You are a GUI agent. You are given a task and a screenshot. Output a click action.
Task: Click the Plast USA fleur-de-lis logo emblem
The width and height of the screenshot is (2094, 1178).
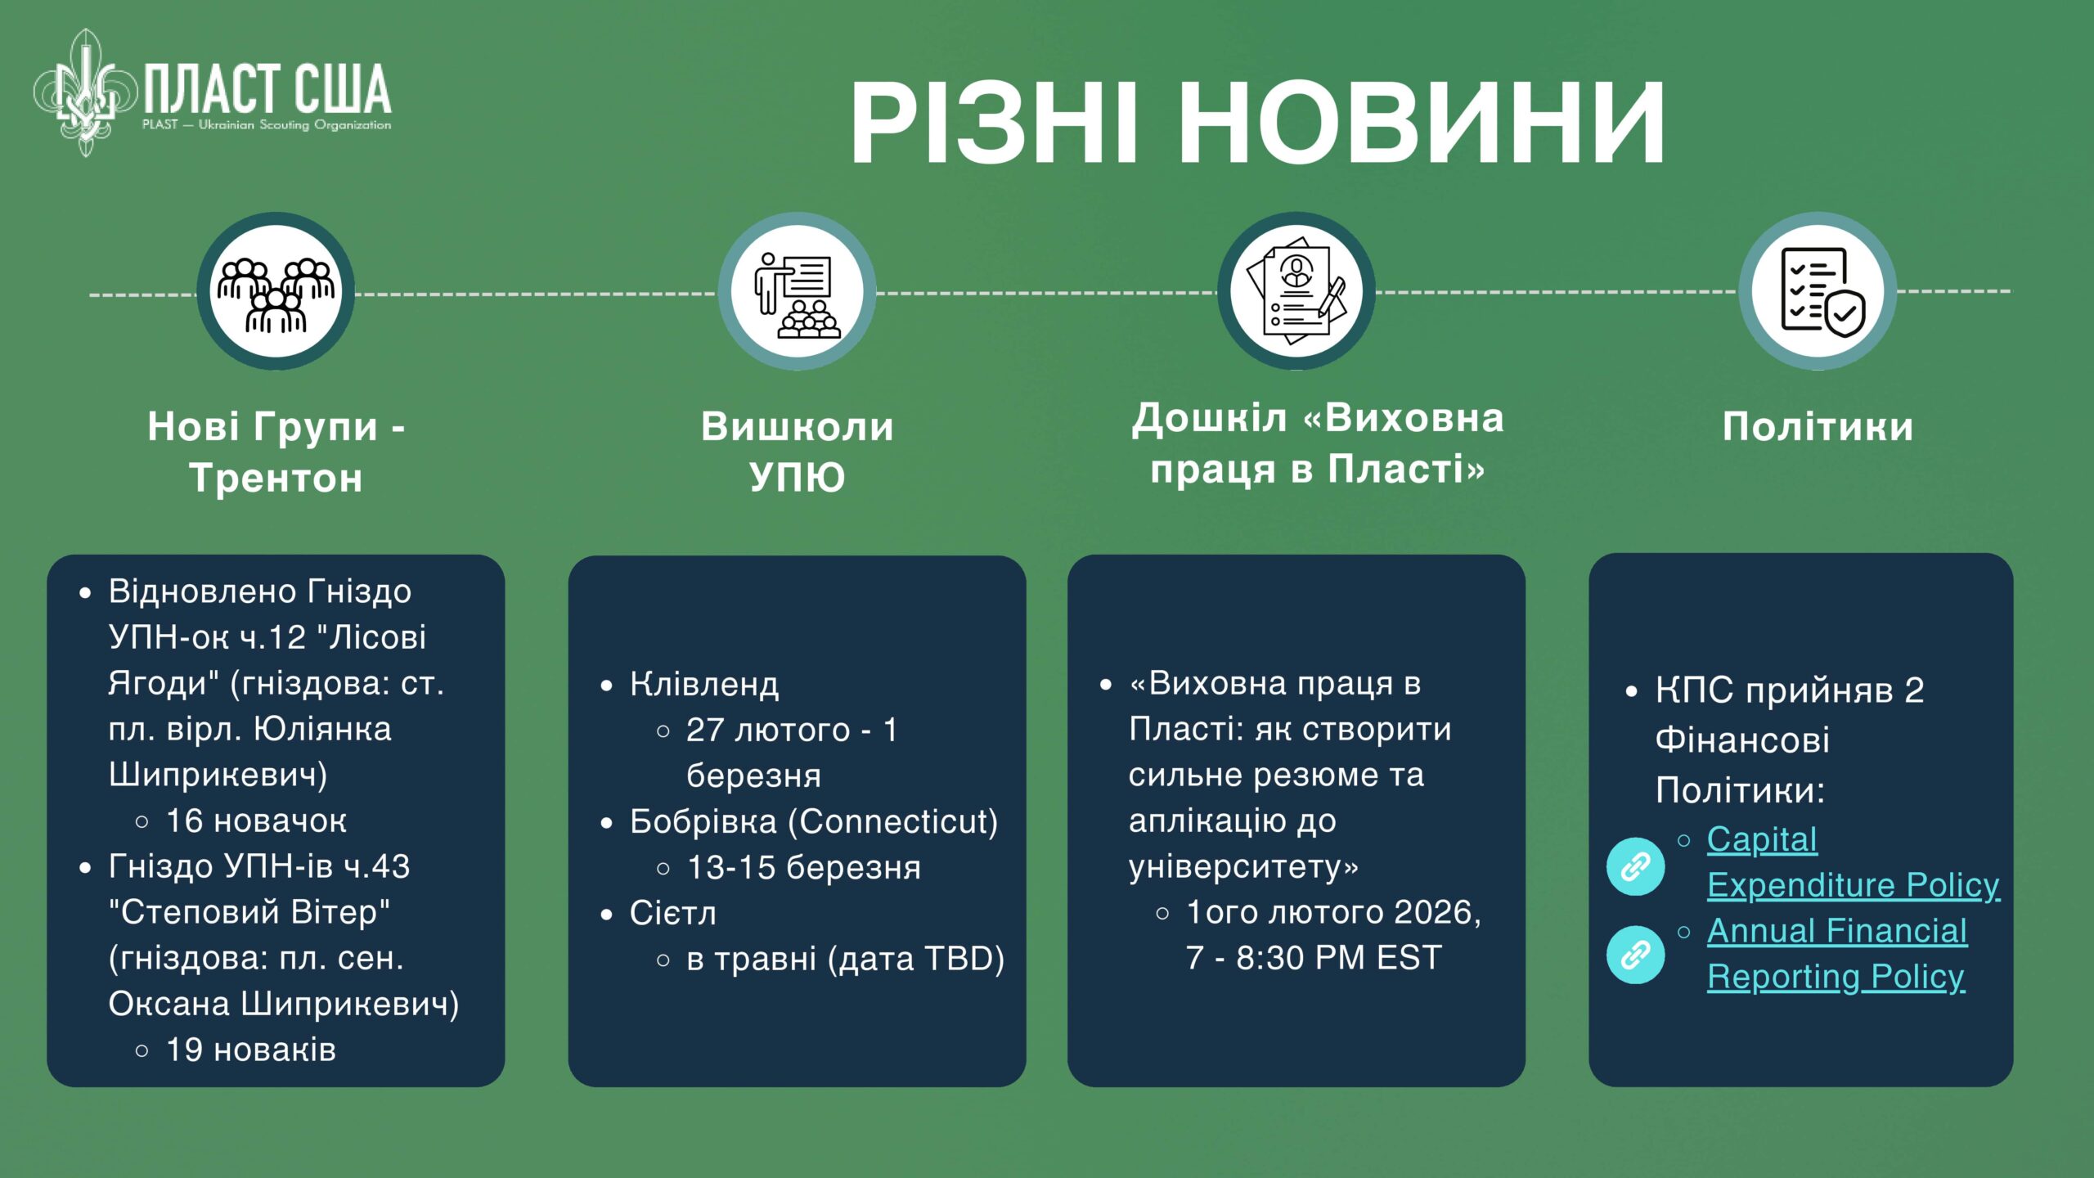pyautogui.click(x=85, y=92)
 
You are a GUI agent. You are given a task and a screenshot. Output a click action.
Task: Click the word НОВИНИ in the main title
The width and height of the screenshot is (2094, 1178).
pyautogui.click(x=1422, y=124)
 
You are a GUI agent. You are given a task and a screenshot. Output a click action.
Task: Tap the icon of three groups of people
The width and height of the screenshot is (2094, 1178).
pyautogui.click(x=276, y=292)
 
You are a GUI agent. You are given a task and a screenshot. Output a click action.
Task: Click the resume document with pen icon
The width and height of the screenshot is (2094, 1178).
pyautogui.click(x=1296, y=291)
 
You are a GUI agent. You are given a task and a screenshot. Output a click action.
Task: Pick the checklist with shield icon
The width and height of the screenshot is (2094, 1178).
pyautogui.click(x=1819, y=292)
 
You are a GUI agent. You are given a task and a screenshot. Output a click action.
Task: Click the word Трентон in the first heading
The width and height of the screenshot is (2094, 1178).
pyautogui.click(x=276, y=477)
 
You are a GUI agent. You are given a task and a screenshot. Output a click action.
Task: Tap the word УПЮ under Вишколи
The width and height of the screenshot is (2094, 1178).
pyautogui.click(x=798, y=477)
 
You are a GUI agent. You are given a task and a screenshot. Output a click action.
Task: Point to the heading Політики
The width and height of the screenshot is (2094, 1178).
pyautogui.click(x=1818, y=426)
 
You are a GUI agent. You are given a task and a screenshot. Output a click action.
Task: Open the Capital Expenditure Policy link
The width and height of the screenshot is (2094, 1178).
pyautogui.click(x=1854, y=862)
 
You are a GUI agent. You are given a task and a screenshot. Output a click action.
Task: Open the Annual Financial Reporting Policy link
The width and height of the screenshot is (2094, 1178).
pyautogui.click(x=1837, y=954)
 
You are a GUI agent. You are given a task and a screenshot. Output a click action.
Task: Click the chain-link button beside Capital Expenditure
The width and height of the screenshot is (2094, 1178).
pyautogui.click(x=1636, y=866)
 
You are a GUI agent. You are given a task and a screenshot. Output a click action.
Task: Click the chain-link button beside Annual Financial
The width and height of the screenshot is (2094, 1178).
pyautogui.click(x=1636, y=955)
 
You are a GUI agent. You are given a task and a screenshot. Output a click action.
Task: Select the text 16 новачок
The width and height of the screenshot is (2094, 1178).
pyautogui.click(x=257, y=821)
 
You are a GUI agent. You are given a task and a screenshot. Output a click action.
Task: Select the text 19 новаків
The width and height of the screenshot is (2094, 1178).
pyautogui.click(x=251, y=1050)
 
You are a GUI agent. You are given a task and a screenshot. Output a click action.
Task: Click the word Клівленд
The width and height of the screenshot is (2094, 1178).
pyautogui.click(x=704, y=685)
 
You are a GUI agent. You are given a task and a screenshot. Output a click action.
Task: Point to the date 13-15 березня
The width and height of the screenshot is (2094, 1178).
pyautogui.click(x=804, y=868)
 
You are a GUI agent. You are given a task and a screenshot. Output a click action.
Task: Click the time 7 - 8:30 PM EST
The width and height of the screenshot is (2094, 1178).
pyautogui.click(x=1314, y=958)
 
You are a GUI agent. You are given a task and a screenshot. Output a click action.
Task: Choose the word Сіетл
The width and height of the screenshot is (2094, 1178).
pyautogui.click(x=673, y=913)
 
